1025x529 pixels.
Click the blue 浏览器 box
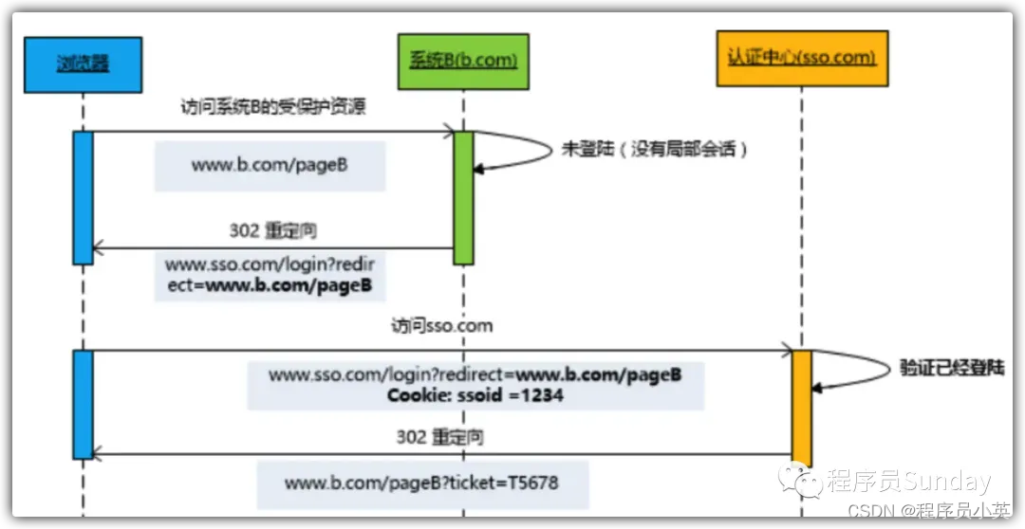point(84,64)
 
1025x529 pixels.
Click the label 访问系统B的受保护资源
point(272,107)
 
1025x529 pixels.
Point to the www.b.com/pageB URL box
point(270,166)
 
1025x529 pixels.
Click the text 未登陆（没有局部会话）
point(654,150)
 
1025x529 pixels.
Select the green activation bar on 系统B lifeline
point(463,197)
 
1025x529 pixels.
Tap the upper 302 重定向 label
point(274,230)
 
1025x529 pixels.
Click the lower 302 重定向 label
point(439,437)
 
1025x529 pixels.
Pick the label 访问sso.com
point(442,326)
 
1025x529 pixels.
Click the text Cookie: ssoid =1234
point(475,394)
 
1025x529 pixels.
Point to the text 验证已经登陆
point(952,367)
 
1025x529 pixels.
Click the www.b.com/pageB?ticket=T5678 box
point(421,484)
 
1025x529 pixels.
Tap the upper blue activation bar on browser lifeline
point(84,197)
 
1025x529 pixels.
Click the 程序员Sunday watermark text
point(907,482)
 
